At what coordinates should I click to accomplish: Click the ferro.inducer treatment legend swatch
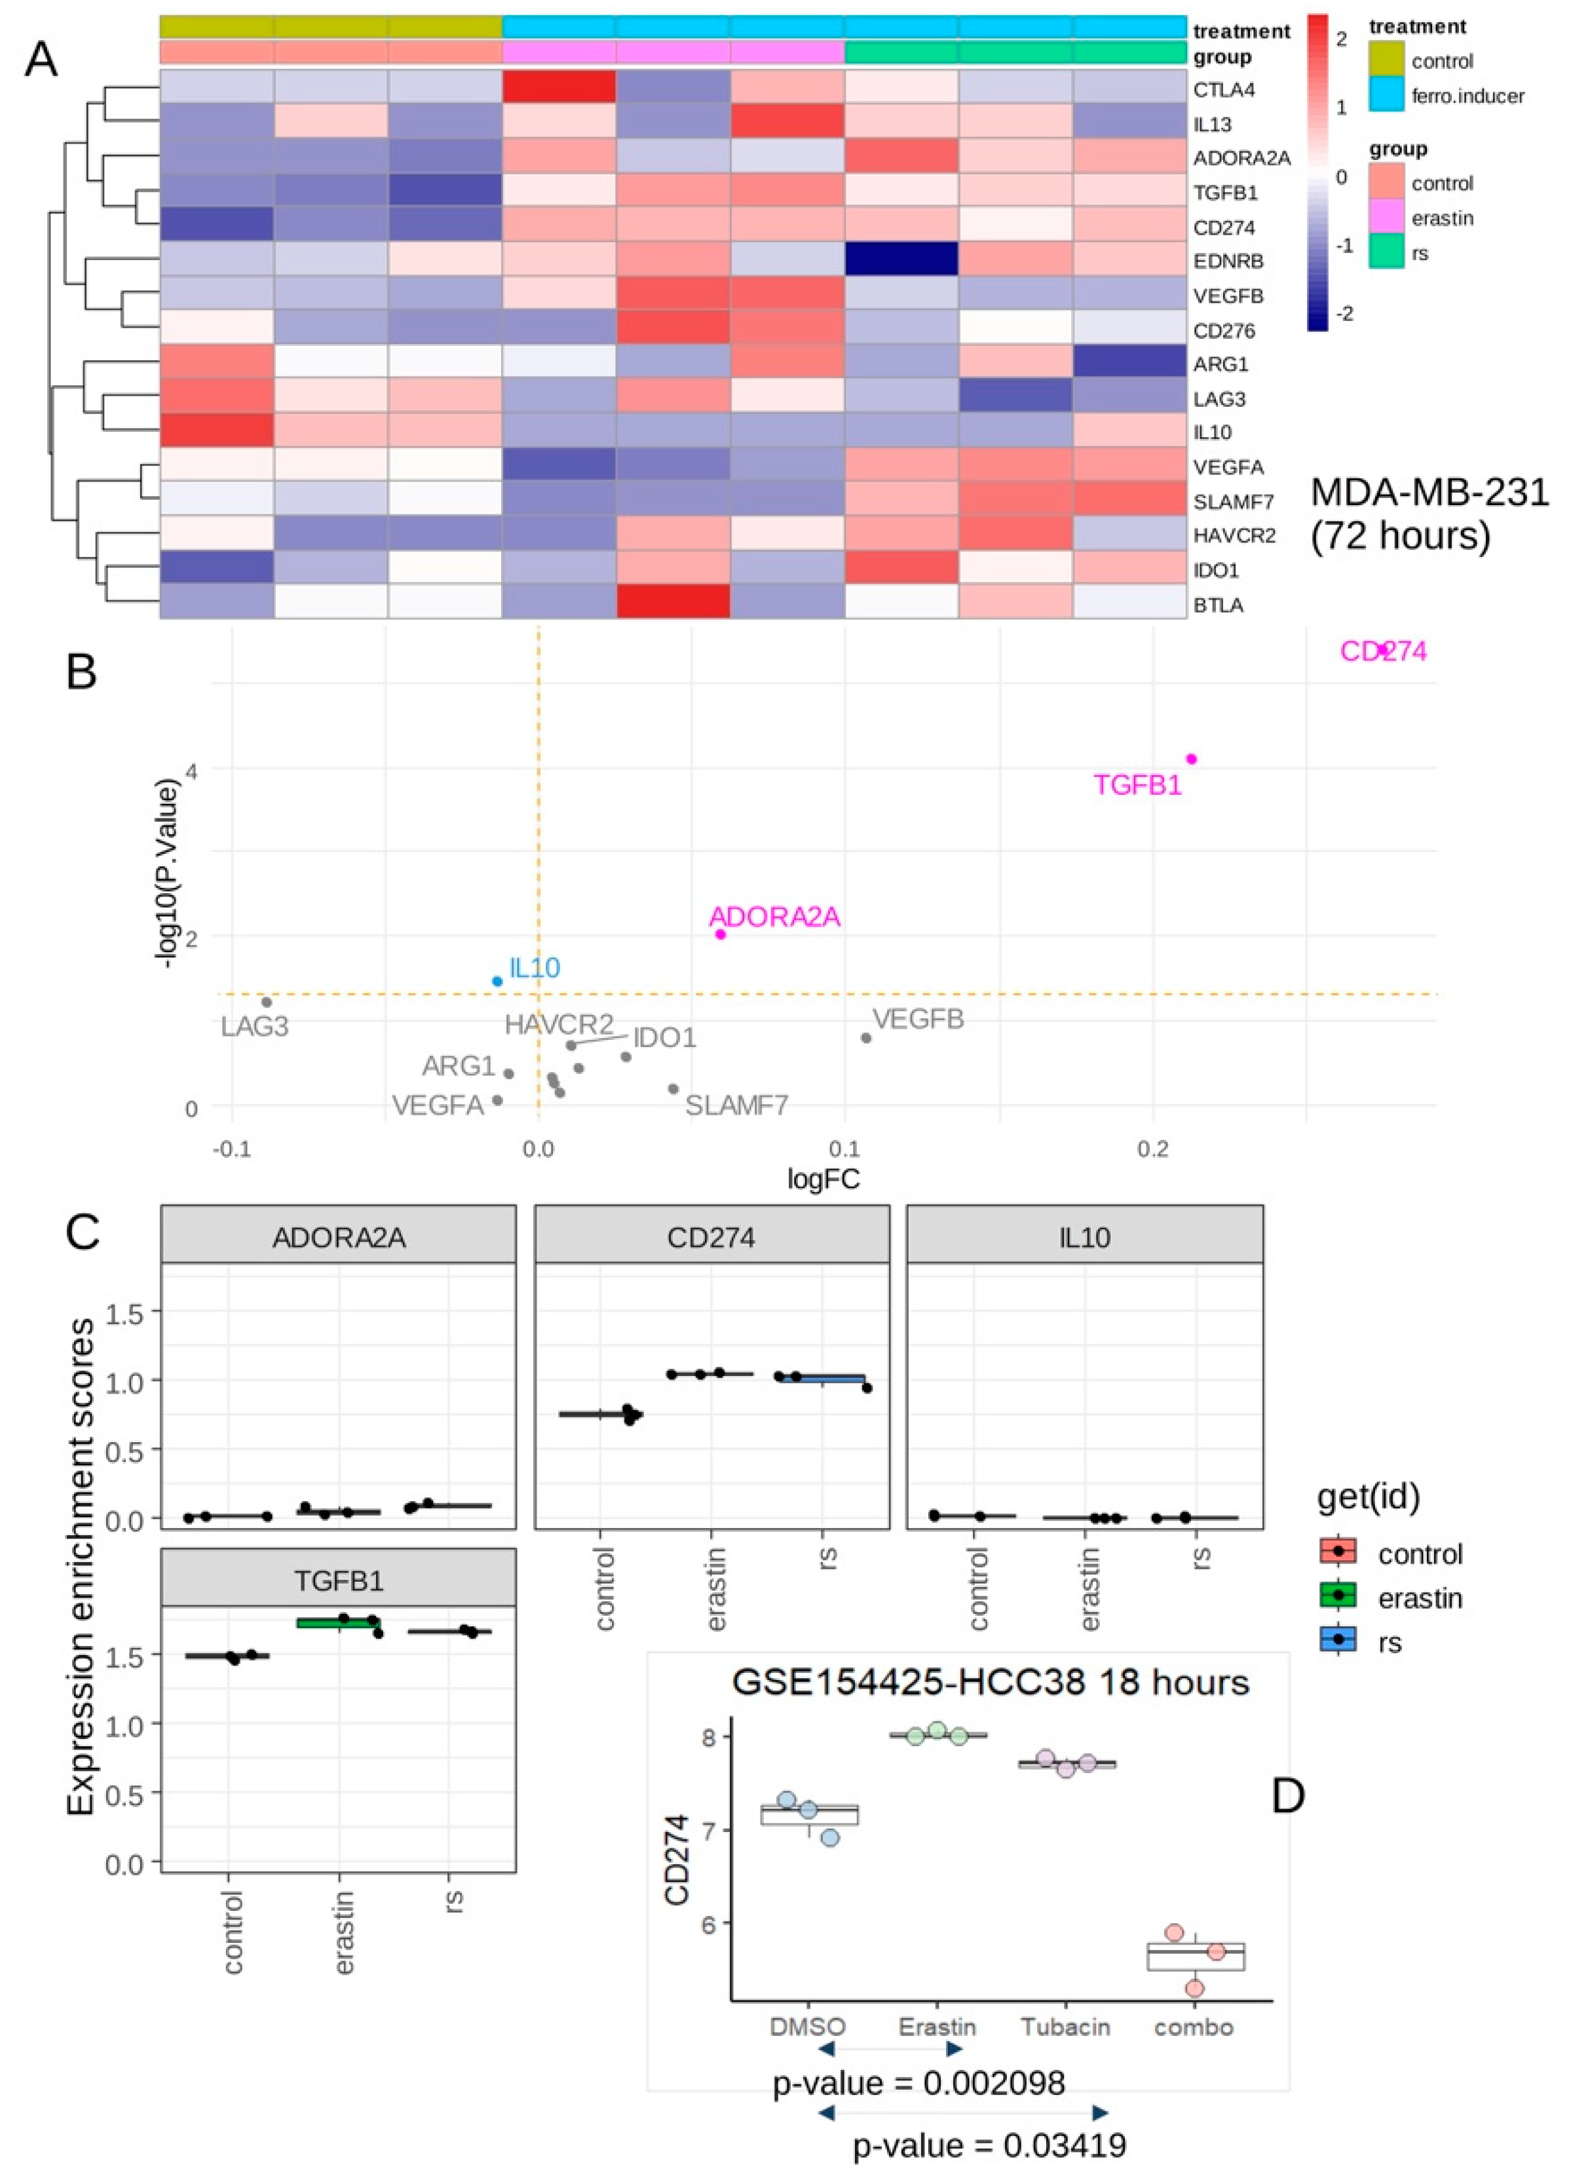click(1386, 95)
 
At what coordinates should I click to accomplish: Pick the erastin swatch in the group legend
click(1386, 218)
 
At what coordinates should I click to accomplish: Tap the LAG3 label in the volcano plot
click(255, 1027)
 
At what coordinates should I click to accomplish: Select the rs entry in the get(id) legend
click(1389, 1642)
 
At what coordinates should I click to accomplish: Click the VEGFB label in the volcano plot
click(918, 1019)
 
